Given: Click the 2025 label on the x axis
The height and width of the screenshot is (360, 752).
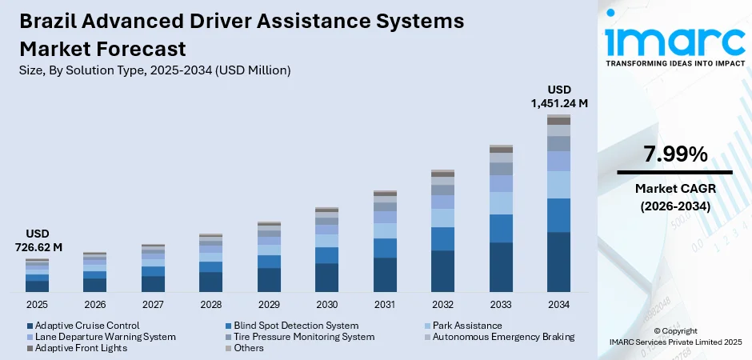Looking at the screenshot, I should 37,305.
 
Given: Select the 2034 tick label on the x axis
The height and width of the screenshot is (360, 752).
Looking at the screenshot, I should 558,305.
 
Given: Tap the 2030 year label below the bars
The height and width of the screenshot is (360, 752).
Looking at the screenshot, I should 326,305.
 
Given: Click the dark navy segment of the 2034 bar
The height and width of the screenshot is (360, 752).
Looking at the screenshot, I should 558,262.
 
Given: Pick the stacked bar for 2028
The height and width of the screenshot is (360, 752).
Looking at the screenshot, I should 210,263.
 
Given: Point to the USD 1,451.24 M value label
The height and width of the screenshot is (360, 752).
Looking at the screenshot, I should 558,96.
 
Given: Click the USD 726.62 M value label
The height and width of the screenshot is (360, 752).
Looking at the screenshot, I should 37,241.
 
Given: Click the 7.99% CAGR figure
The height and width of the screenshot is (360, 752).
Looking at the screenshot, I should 674,154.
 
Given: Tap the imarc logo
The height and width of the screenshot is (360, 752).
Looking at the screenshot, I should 674,36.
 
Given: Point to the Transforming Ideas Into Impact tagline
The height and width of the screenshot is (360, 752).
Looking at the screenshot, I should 674,62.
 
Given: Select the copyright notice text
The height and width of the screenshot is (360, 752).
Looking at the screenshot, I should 674,336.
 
